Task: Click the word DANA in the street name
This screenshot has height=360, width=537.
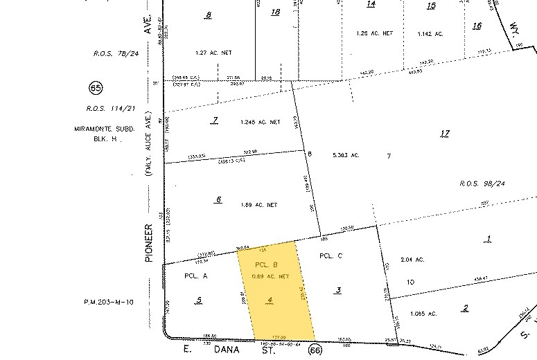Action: pyautogui.click(x=225, y=350)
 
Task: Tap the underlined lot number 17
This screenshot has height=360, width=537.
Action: pyautogui.click(x=445, y=133)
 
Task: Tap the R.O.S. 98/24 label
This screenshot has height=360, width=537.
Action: pyautogui.click(x=482, y=183)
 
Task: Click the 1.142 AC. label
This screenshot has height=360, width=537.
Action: pyautogui.click(x=434, y=34)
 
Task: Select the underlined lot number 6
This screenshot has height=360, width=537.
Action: pyautogui.click(x=218, y=199)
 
